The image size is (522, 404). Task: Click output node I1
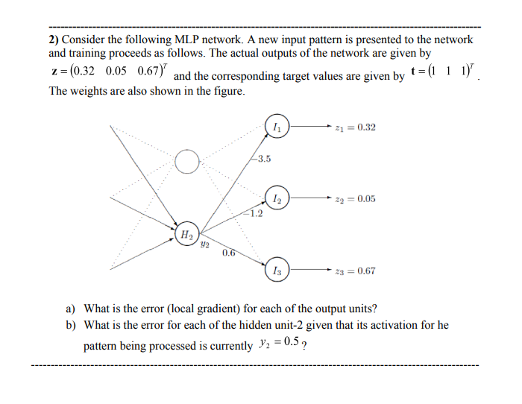(277, 127)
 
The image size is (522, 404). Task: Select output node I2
(277, 199)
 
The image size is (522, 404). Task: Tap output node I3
(277, 271)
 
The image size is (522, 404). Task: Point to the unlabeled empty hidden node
(186, 160)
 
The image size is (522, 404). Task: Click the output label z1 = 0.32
(356, 127)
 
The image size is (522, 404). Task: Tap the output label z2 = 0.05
(356, 200)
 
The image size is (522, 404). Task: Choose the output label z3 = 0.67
(356, 271)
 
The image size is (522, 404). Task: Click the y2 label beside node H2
(204, 244)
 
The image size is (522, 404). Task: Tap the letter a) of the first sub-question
(72, 309)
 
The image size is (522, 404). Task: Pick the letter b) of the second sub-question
(72, 325)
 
